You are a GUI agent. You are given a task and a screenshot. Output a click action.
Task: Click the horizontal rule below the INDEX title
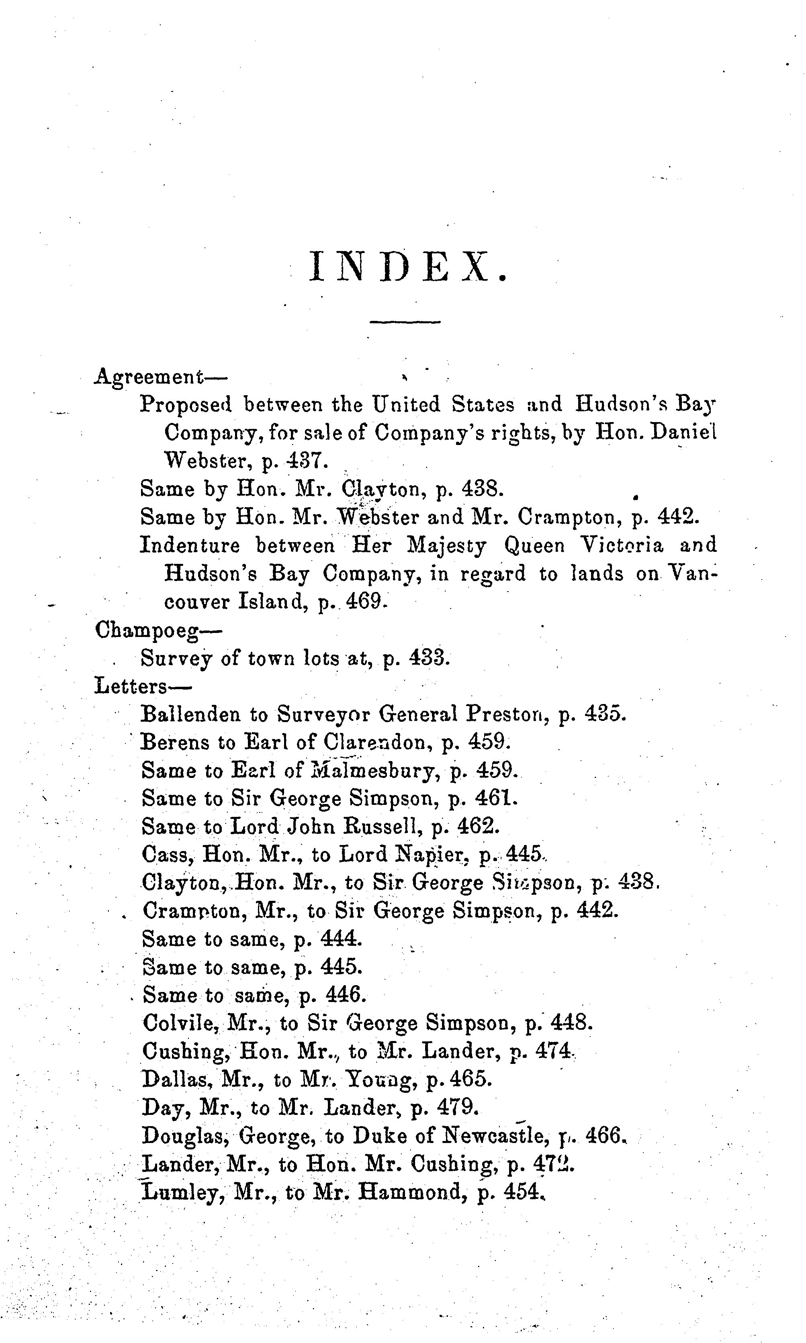(x=405, y=322)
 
